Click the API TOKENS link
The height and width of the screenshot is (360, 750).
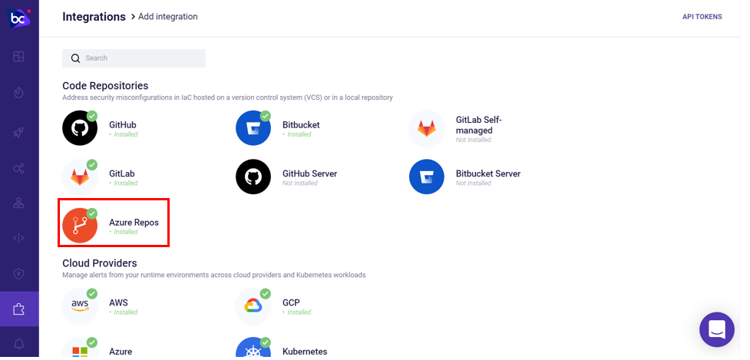click(702, 17)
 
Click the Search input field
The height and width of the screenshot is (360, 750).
click(134, 58)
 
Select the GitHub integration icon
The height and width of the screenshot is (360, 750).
click(80, 127)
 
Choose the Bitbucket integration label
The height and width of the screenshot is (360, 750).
click(301, 125)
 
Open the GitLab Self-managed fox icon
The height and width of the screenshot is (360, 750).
click(427, 127)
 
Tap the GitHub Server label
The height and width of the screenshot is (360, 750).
click(309, 173)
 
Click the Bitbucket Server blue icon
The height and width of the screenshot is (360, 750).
click(427, 177)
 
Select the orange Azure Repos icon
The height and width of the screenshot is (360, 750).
click(80, 226)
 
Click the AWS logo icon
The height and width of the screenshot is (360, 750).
click(80, 306)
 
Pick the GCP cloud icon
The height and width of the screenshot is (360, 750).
click(253, 306)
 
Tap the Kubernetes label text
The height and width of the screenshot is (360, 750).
click(305, 352)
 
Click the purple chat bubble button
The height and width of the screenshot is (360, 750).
click(716, 329)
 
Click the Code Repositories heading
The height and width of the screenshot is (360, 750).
click(105, 85)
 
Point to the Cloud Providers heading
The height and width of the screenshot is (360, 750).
click(100, 263)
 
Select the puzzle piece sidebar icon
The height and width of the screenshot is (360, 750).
click(18, 309)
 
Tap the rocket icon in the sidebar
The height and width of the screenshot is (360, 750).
click(18, 133)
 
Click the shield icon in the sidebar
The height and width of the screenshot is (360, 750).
click(18, 273)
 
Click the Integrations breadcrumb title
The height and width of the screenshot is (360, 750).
click(94, 17)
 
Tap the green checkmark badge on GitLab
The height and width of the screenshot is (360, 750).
click(91, 165)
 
